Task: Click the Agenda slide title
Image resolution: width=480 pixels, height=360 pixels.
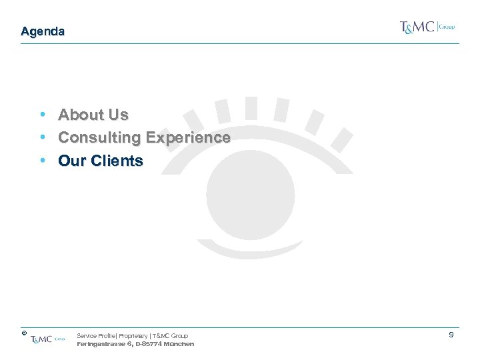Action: pos(43,31)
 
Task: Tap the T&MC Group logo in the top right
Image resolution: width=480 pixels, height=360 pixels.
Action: pos(427,27)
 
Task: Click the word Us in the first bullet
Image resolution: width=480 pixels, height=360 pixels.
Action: pos(117,115)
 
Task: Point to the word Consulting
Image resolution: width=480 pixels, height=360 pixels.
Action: pos(99,138)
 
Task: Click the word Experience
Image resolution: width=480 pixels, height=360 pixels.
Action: pos(188,138)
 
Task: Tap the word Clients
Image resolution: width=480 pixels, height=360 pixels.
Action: pos(117,161)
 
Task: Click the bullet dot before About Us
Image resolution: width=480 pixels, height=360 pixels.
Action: pos(43,115)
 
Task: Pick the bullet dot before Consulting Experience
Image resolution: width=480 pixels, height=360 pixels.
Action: pos(43,138)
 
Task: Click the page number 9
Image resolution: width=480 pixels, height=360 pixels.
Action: pos(451,335)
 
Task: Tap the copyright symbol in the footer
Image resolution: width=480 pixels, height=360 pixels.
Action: pos(23,332)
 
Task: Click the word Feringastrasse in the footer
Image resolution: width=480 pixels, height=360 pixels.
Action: pos(101,344)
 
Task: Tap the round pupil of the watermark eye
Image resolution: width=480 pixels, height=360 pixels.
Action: pos(250,189)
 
